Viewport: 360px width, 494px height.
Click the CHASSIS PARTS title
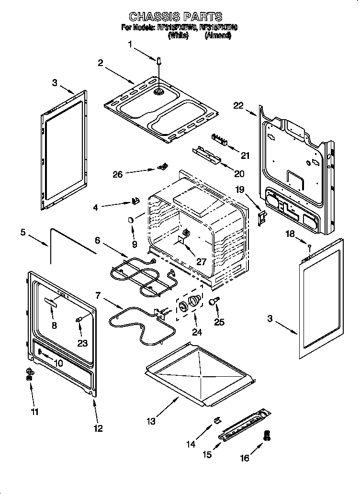tap(176, 18)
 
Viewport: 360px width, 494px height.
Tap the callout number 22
tap(239, 106)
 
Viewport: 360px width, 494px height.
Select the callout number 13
tap(151, 421)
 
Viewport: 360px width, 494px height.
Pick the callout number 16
tap(245, 458)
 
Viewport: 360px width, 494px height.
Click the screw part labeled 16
tap(267, 435)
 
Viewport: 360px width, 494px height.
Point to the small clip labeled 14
tap(216, 420)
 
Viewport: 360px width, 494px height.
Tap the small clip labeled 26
tap(162, 167)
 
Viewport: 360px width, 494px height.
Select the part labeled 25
tap(214, 301)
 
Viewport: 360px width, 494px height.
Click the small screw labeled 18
tap(310, 247)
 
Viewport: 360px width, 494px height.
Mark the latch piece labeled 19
tap(261, 218)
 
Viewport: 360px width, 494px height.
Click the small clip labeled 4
tap(135, 201)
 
